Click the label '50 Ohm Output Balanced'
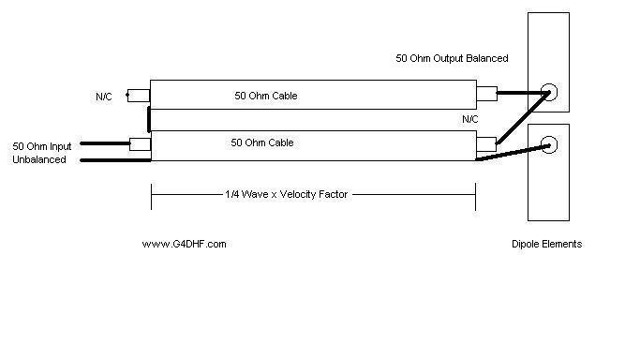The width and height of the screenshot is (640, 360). coord(452,58)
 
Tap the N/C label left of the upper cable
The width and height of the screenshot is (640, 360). coord(103,97)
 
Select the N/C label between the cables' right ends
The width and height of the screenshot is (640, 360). coord(469,120)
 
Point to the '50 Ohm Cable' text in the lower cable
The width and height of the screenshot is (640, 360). coord(262,142)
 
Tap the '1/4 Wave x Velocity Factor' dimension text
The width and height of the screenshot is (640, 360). coord(285,195)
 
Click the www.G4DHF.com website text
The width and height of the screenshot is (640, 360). coord(184,244)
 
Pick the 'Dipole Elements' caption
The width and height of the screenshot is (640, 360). coord(546,244)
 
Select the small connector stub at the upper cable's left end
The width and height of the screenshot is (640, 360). coord(138,96)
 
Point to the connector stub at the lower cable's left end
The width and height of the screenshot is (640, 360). coord(139,144)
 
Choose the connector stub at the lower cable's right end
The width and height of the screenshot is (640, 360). coord(485,144)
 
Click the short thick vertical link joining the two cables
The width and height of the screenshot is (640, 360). coord(149,120)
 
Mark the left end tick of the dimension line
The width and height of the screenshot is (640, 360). coord(151,195)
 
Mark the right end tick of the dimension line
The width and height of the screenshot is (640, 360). coord(475,195)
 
